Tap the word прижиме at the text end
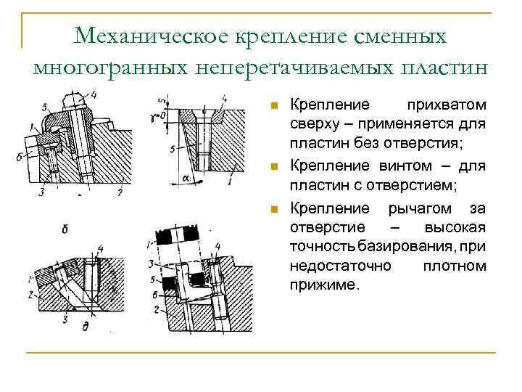323,285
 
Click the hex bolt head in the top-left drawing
75,100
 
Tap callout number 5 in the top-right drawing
171,150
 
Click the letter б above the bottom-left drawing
65,230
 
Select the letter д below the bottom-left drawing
86,327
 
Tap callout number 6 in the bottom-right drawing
155,293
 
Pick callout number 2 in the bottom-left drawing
31,295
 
